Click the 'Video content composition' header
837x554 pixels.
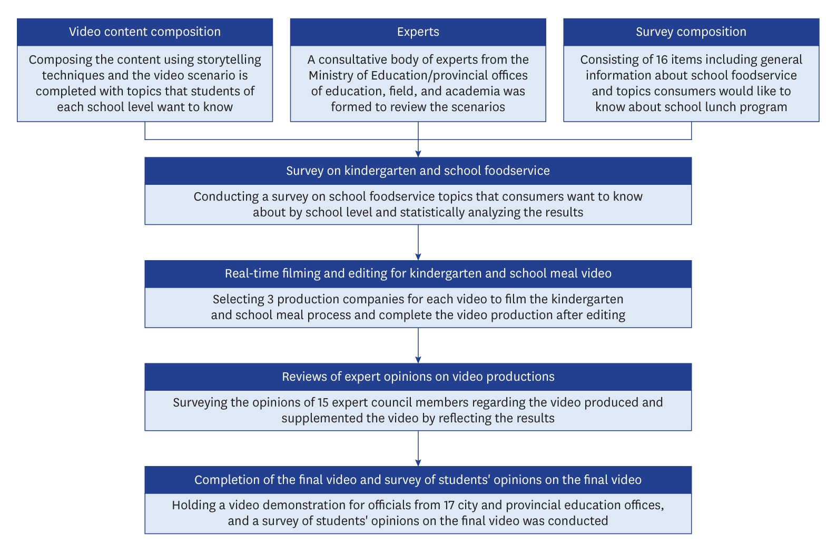point(145,32)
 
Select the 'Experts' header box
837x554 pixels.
point(418,32)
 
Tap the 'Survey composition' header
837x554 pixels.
point(691,32)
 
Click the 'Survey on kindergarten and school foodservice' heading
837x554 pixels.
point(418,171)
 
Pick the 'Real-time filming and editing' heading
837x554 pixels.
point(418,273)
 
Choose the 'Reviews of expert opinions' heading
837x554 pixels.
point(418,377)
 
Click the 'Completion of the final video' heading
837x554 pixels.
point(418,480)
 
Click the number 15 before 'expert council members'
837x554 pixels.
point(323,402)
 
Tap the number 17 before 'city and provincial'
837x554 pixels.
point(449,505)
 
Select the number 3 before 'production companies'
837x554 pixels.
point(270,299)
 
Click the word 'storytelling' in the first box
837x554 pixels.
point(229,60)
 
